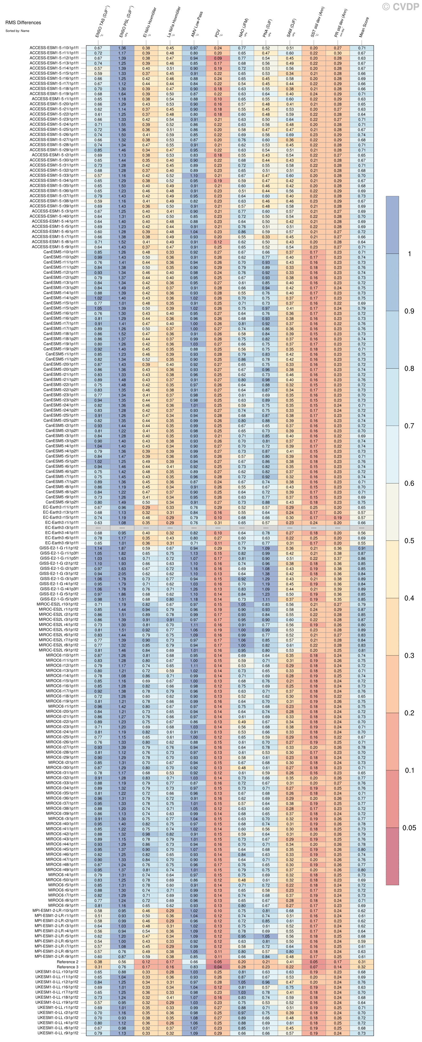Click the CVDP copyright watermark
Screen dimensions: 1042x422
[x=400, y=6]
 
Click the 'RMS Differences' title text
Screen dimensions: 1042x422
[x=23, y=22]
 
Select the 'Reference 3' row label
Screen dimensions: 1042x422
[x=67, y=967]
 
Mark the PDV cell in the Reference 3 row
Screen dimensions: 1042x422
[x=218, y=967]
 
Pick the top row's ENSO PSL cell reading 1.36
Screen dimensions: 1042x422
[x=122, y=48]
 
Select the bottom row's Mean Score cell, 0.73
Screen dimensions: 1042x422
[x=361, y=1033]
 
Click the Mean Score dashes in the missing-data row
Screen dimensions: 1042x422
[x=361, y=528]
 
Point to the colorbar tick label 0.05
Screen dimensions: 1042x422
[x=409, y=828]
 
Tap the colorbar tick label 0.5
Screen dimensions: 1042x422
[x=409, y=540]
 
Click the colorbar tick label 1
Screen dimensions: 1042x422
[x=409, y=254]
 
